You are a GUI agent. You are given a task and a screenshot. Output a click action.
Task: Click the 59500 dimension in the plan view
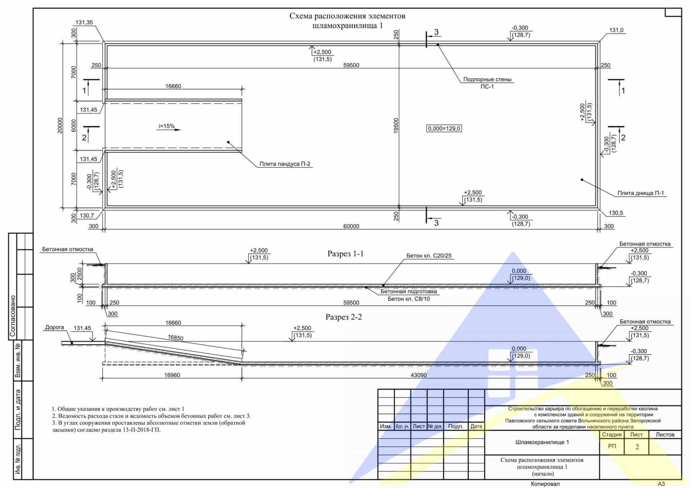[351, 65]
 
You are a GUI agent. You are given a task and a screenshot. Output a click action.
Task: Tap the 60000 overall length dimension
[351, 226]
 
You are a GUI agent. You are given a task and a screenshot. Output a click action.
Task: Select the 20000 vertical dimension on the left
[60, 125]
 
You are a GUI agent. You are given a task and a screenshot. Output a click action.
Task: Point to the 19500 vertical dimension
[396, 125]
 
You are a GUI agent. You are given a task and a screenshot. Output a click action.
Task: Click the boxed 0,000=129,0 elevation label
[444, 128]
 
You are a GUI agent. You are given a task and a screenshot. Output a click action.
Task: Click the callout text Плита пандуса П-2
[285, 164]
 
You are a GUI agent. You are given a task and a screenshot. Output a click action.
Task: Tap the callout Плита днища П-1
[641, 193]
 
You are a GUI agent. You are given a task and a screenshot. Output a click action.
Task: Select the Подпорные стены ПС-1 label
[487, 83]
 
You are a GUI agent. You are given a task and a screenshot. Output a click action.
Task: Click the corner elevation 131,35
[84, 22]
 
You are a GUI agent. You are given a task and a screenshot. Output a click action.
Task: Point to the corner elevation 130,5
[616, 213]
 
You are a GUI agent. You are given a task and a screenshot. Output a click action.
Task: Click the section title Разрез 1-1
[345, 254]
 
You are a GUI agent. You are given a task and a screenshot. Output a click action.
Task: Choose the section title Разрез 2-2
[344, 317]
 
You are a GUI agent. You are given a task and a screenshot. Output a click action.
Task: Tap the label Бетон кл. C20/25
[429, 255]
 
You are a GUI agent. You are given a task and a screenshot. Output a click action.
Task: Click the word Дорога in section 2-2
[54, 327]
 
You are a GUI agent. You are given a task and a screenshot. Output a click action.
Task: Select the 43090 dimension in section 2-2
[419, 375]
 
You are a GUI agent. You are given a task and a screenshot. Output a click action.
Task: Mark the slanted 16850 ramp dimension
[175, 338]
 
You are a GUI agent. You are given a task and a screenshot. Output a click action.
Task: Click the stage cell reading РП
[612, 446]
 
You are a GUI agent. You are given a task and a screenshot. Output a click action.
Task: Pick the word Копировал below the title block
[545, 484]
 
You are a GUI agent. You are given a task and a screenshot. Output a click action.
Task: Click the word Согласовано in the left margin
[13, 316]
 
